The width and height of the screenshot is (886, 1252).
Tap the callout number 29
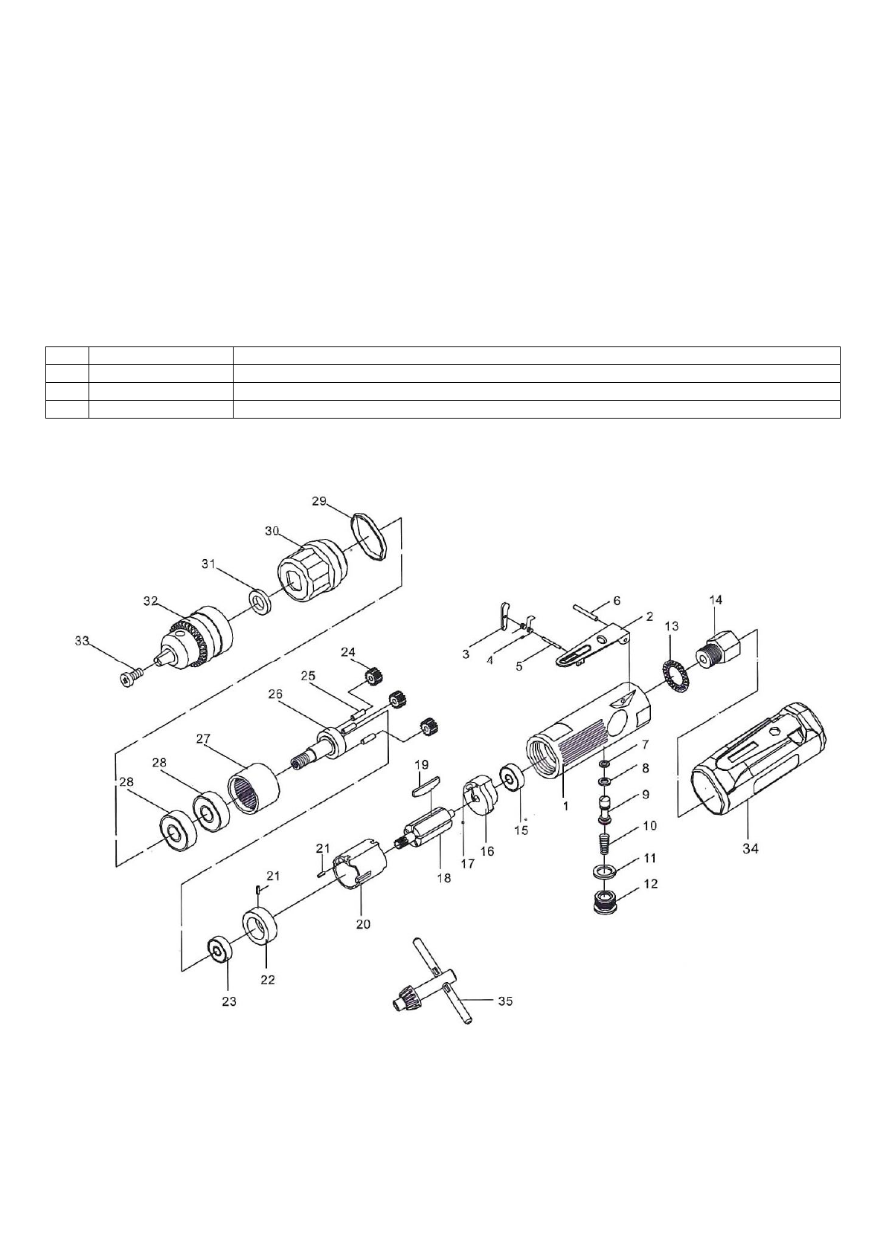tap(319, 501)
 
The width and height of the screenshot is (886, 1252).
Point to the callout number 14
tap(716, 600)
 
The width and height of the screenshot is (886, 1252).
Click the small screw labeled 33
tap(129, 679)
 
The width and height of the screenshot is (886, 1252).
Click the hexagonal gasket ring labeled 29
tap(369, 537)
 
